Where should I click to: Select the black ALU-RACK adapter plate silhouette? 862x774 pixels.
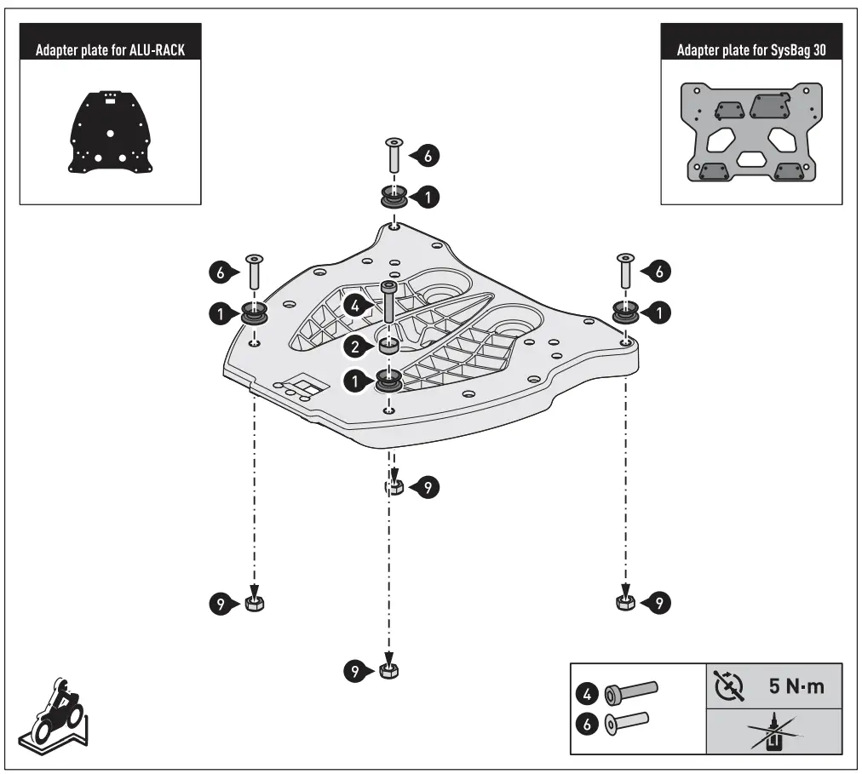pos(110,131)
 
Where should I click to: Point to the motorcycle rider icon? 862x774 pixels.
pos(53,711)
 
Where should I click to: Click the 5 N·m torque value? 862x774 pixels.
pos(796,686)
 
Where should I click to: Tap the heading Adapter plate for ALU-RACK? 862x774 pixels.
pos(110,50)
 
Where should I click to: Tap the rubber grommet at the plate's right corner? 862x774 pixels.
pos(627,312)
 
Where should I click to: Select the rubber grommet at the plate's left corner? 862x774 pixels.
pos(254,312)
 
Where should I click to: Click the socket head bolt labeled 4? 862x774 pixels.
pos(388,303)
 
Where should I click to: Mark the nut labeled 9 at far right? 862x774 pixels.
pos(624,603)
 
